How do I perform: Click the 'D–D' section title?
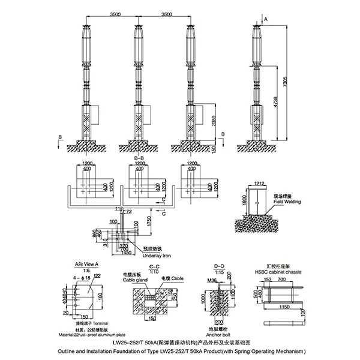pos(220,264)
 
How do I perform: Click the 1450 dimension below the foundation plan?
pos(125,253)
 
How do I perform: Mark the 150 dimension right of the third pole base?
pos(213,148)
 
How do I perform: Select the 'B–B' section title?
pos(139,158)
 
